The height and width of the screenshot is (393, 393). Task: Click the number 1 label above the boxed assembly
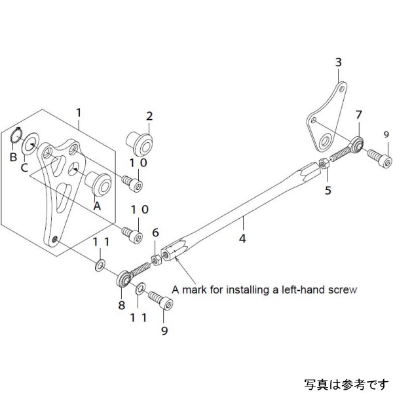[x=79, y=112]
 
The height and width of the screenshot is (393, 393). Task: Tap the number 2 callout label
[x=149, y=117]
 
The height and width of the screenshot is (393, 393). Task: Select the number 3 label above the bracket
[x=338, y=63]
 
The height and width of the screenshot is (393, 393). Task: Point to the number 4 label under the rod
[x=242, y=239]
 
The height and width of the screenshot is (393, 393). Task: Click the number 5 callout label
[x=328, y=191]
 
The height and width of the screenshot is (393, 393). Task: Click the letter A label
[x=98, y=204]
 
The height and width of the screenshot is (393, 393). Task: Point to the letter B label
[x=13, y=157]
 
